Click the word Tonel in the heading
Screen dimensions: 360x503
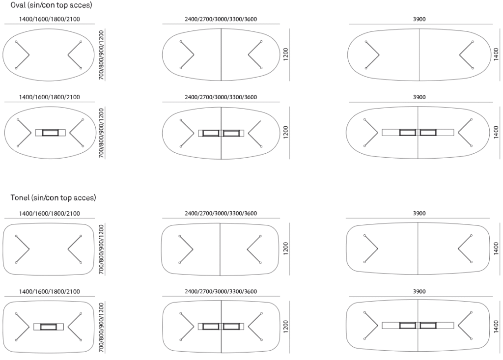click(20, 198)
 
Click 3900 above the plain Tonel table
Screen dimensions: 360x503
click(419, 213)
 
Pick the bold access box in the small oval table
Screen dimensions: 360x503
click(50, 133)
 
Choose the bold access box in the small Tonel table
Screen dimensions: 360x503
click(48, 327)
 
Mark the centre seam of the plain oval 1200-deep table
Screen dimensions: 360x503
click(221, 54)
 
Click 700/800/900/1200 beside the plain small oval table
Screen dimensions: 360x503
click(101, 54)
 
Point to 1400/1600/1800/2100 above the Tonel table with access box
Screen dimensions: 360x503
click(49, 291)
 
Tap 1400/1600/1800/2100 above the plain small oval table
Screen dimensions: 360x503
click(49, 19)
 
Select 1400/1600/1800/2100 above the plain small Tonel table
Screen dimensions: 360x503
click(49, 213)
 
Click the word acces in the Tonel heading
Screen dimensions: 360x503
click(85, 198)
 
